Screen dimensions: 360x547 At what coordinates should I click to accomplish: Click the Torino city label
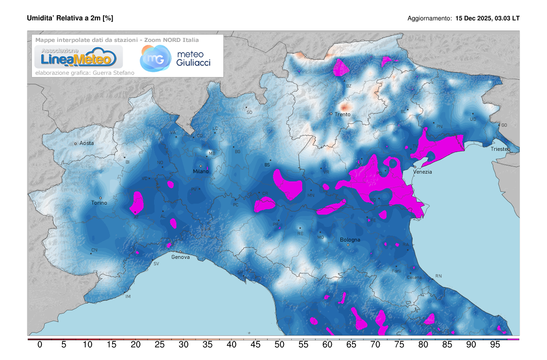(99, 203)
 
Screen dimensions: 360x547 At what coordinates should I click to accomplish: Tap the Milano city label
(201, 171)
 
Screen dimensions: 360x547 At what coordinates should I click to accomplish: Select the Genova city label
(181, 257)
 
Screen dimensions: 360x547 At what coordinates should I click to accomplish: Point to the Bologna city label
(350, 240)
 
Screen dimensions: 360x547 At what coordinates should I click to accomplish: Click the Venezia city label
(423, 172)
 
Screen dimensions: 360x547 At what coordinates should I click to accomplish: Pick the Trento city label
(342, 114)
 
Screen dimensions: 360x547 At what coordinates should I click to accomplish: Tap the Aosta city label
(87, 143)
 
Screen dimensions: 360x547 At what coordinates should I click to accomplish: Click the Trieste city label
(501, 149)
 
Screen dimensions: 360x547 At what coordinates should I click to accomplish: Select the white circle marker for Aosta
(76, 144)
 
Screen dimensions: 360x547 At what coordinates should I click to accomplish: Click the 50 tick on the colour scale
(279, 345)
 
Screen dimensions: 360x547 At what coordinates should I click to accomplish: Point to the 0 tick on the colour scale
(40, 345)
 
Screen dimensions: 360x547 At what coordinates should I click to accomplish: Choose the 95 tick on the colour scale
(495, 345)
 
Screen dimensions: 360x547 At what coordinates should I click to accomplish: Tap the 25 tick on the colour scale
(160, 345)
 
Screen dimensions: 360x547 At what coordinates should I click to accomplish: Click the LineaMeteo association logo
(76, 57)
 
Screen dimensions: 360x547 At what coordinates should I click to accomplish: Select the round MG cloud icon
(154, 59)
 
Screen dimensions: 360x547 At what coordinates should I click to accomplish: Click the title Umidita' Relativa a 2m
(70, 18)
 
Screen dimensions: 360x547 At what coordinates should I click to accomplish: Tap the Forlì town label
(396, 271)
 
